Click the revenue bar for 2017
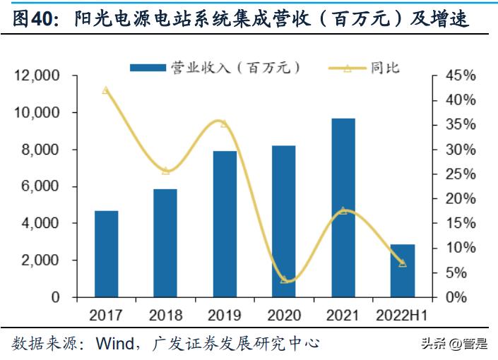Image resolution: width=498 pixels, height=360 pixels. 107,254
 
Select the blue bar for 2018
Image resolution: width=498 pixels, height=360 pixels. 165,243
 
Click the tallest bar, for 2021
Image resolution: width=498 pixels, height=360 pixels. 343,208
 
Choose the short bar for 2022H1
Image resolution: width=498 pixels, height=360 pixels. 403,271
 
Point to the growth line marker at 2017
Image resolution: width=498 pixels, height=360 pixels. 106,90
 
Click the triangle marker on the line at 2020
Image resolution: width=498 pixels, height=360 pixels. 284,280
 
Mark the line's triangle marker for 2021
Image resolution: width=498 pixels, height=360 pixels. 343,210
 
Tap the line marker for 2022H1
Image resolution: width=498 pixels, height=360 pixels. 403,263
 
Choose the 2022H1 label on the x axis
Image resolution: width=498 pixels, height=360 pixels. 403,315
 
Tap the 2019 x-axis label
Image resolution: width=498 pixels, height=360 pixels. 225,315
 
